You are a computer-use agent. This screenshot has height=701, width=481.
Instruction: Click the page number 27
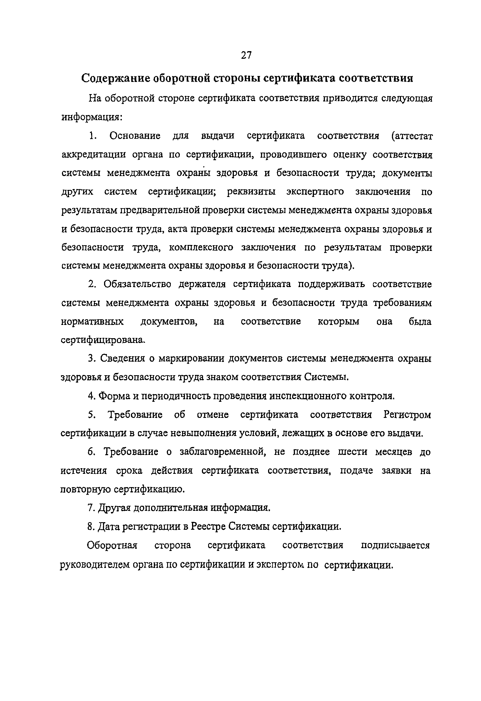(246, 55)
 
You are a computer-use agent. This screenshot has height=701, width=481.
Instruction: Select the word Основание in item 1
(135, 136)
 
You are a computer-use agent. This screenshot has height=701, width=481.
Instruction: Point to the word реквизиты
(251, 192)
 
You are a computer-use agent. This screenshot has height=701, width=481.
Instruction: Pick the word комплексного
(201, 248)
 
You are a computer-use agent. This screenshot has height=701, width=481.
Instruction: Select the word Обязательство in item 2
(137, 285)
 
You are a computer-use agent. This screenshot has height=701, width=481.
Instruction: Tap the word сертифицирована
(103, 340)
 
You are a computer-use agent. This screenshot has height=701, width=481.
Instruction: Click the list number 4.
(90, 396)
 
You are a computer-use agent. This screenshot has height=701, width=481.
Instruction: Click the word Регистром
(407, 415)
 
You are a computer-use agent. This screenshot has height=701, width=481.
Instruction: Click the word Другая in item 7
(115, 508)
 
